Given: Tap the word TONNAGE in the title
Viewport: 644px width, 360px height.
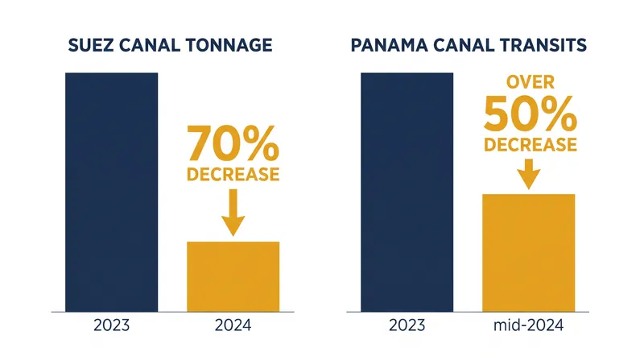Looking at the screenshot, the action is [x=229, y=45].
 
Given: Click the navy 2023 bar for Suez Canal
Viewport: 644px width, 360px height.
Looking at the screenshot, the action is [x=111, y=192].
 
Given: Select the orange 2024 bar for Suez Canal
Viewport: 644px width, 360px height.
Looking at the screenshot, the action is [x=233, y=276].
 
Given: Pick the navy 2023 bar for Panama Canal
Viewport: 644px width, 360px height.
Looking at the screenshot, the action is [x=407, y=192].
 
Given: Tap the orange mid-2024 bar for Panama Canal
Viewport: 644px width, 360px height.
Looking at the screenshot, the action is [x=529, y=253].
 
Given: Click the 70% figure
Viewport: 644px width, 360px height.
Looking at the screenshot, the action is [x=233, y=143].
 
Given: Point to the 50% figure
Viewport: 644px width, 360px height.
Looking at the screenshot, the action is [x=530, y=114].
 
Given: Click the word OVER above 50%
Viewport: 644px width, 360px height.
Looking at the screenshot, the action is [x=530, y=82].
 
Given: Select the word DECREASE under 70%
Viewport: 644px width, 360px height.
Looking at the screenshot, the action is [x=233, y=174].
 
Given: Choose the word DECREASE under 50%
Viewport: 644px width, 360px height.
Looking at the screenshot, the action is [x=530, y=145].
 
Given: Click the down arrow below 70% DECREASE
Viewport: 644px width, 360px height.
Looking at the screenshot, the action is [x=233, y=213].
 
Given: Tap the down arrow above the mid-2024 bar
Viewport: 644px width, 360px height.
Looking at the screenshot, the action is [x=529, y=174].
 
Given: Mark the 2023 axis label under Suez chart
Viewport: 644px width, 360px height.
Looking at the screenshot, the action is [x=111, y=325].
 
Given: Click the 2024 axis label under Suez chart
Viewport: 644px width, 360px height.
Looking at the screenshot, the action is [x=233, y=325].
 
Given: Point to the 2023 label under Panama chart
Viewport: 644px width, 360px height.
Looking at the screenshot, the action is [x=407, y=325].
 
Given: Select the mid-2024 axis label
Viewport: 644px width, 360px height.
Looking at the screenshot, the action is [x=529, y=325].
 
